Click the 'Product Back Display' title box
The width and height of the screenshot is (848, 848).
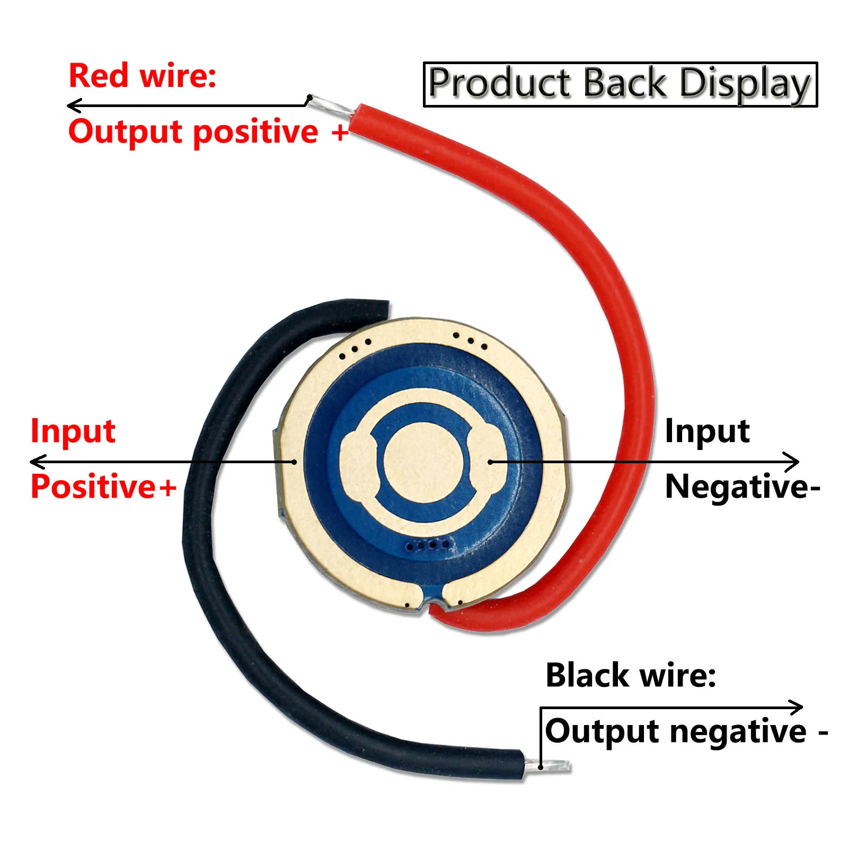tap(620, 84)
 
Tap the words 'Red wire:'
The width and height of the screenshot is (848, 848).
tap(143, 75)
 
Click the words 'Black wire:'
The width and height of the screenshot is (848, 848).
tap(631, 675)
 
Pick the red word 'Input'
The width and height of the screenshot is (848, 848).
tap(73, 430)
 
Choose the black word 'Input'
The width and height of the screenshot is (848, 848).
tap(707, 430)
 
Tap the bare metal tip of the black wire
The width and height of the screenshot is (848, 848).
tap(549, 766)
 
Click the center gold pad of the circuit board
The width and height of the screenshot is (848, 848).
tap(423, 461)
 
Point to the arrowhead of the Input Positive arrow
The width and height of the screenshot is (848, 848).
tap(33, 462)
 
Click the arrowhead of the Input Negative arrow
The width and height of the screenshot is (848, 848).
tap(796, 462)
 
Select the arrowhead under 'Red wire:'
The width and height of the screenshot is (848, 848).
tap(71, 105)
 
